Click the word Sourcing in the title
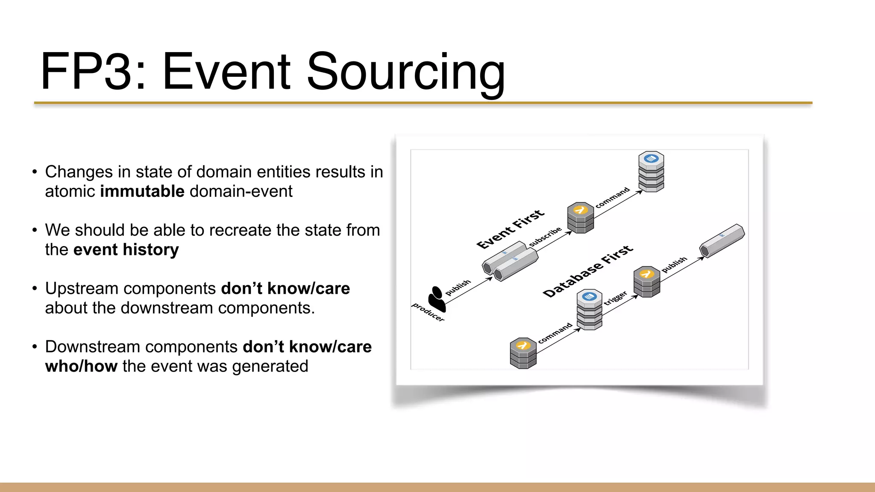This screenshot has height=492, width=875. pos(405,72)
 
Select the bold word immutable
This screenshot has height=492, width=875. pos(142,191)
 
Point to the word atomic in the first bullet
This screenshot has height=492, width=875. pos(70,191)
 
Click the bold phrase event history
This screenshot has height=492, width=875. pos(126,249)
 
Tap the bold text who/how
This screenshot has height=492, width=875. pos(81,366)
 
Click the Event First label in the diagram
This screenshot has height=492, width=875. pos(510,229)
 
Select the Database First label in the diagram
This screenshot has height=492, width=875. pos(587,271)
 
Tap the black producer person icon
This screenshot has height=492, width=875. pos(437,299)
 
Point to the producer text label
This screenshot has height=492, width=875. pos(428,312)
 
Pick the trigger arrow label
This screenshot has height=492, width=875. pos(615,298)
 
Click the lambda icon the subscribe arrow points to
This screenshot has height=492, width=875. pos(580,217)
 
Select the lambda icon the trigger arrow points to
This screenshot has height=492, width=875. pos(646,281)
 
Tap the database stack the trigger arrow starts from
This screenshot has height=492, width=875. pos(589,310)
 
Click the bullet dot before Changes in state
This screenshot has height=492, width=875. pos(35,172)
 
